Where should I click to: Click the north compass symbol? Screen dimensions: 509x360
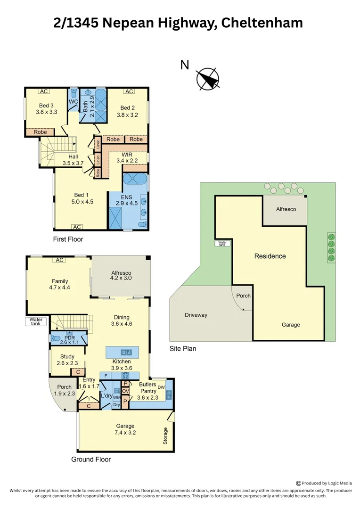tap(208, 79)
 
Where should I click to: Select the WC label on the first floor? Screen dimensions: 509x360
tap(73, 101)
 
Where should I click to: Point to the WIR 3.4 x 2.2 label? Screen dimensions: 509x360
tap(127, 157)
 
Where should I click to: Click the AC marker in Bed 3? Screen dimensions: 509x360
tap(44, 91)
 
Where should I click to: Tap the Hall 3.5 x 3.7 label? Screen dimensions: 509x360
tap(73, 160)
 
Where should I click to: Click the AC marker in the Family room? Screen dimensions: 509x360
tap(59, 260)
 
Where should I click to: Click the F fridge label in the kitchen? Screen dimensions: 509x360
tap(106, 376)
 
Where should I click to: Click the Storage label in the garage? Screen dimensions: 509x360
tap(165, 436)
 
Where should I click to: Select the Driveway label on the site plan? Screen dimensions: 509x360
tap(196, 315)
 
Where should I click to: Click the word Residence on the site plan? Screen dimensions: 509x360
tap(270, 256)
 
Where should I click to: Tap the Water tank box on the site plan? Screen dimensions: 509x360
tap(221, 244)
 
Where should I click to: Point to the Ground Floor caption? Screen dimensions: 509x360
tap(91, 459)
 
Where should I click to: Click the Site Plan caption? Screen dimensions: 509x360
tap(183, 349)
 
